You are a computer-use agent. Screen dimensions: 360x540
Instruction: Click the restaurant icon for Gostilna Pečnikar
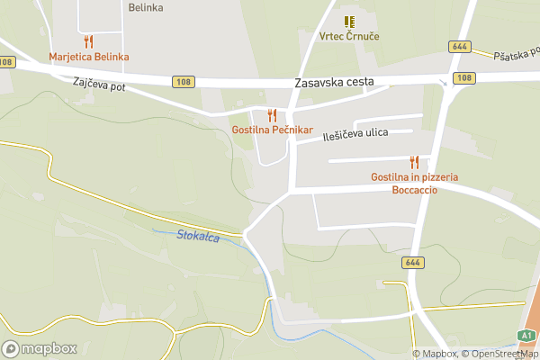tap(272, 114)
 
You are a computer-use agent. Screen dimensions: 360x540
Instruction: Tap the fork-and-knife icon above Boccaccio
tap(414, 162)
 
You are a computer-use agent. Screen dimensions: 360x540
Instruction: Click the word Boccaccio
tap(414, 190)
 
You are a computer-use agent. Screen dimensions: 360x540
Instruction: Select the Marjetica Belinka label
tap(89, 57)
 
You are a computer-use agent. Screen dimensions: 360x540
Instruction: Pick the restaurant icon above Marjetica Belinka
tap(88, 41)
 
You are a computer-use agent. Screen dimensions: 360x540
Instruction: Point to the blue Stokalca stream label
tap(198, 236)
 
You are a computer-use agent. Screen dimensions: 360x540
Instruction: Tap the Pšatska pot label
tap(515, 56)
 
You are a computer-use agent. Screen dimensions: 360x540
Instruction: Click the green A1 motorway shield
tap(526, 335)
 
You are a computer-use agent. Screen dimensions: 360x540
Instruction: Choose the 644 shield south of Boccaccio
tap(412, 263)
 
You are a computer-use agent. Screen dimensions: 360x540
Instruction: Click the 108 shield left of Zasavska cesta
tap(182, 82)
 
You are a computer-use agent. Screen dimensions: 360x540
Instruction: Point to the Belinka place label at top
tap(146, 7)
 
